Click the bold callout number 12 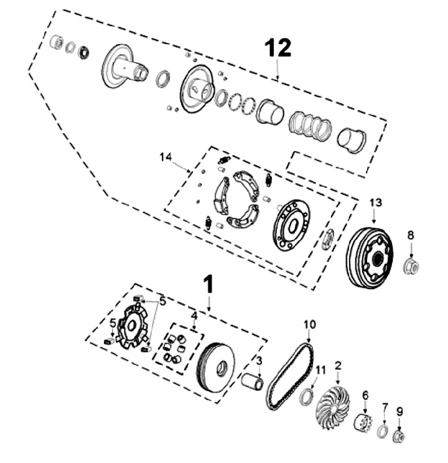pyautogui.click(x=278, y=48)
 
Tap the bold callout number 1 pyautogui.click(x=208, y=285)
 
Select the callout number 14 pyautogui.click(x=166, y=157)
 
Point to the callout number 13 pyautogui.click(x=376, y=203)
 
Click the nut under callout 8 pyautogui.click(x=411, y=265)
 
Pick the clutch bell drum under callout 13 pyautogui.click(x=370, y=257)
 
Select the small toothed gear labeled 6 pyautogui.click(x=363, y=423)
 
